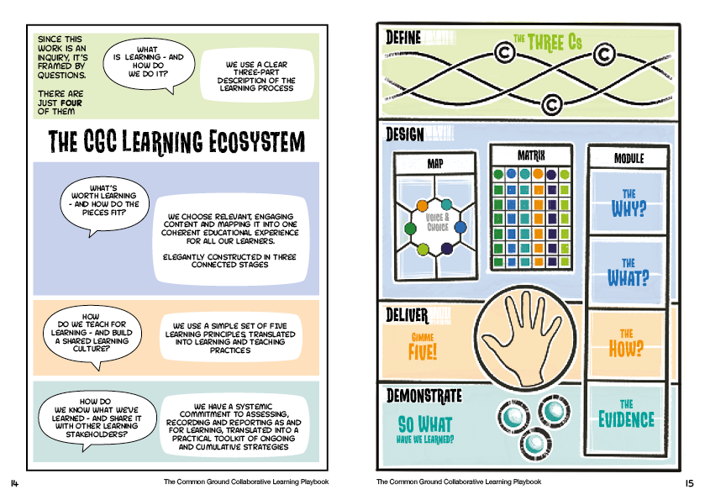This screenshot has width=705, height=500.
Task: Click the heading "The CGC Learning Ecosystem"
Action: coord(176,141)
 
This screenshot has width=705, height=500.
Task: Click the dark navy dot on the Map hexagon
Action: coord(446,249)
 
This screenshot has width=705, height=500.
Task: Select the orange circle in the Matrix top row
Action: coord(524,174)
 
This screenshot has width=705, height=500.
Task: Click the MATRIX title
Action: coord(531,155)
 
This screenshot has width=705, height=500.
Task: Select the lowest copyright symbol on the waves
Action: coord(552,105)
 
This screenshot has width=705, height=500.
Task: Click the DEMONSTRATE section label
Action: coord(424,393)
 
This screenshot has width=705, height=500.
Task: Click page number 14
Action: coord(15,482)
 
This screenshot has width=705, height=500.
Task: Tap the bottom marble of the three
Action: coord(534,440)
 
